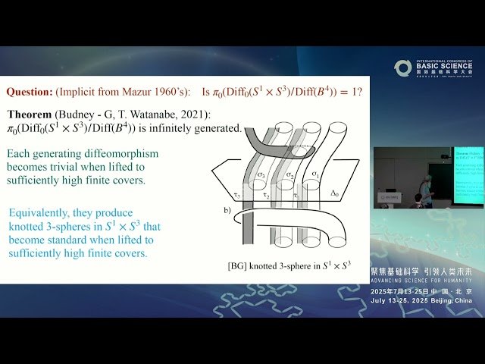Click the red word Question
29,92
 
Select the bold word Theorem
30,114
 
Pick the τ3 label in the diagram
237,195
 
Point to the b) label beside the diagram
227,209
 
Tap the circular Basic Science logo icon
402,68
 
